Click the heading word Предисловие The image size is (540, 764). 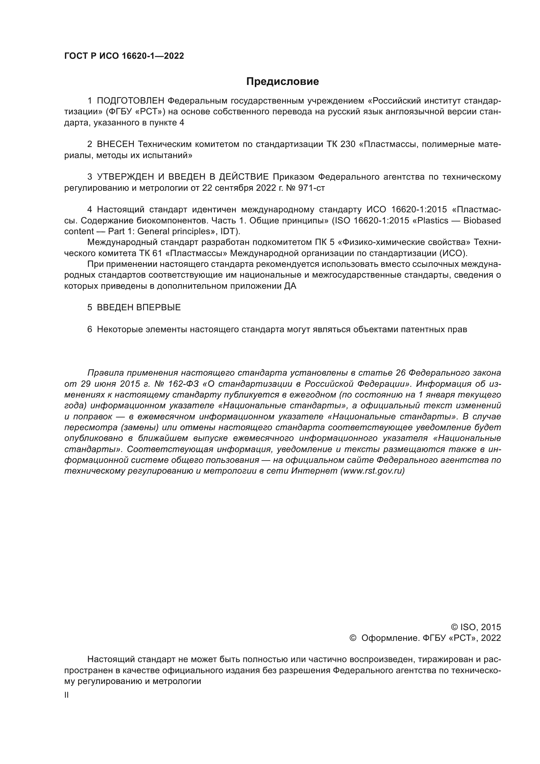pos(282,82)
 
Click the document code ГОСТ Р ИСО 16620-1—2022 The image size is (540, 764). pos(124,56)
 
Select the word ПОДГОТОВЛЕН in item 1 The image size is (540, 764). pos(131,101)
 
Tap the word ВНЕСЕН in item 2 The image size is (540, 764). pos(116,144)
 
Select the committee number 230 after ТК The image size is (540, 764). pos(348,144)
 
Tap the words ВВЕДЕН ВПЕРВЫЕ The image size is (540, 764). pos(139,307)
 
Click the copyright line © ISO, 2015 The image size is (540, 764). pos(476,627)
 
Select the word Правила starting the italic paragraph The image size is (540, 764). pos(105,373)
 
